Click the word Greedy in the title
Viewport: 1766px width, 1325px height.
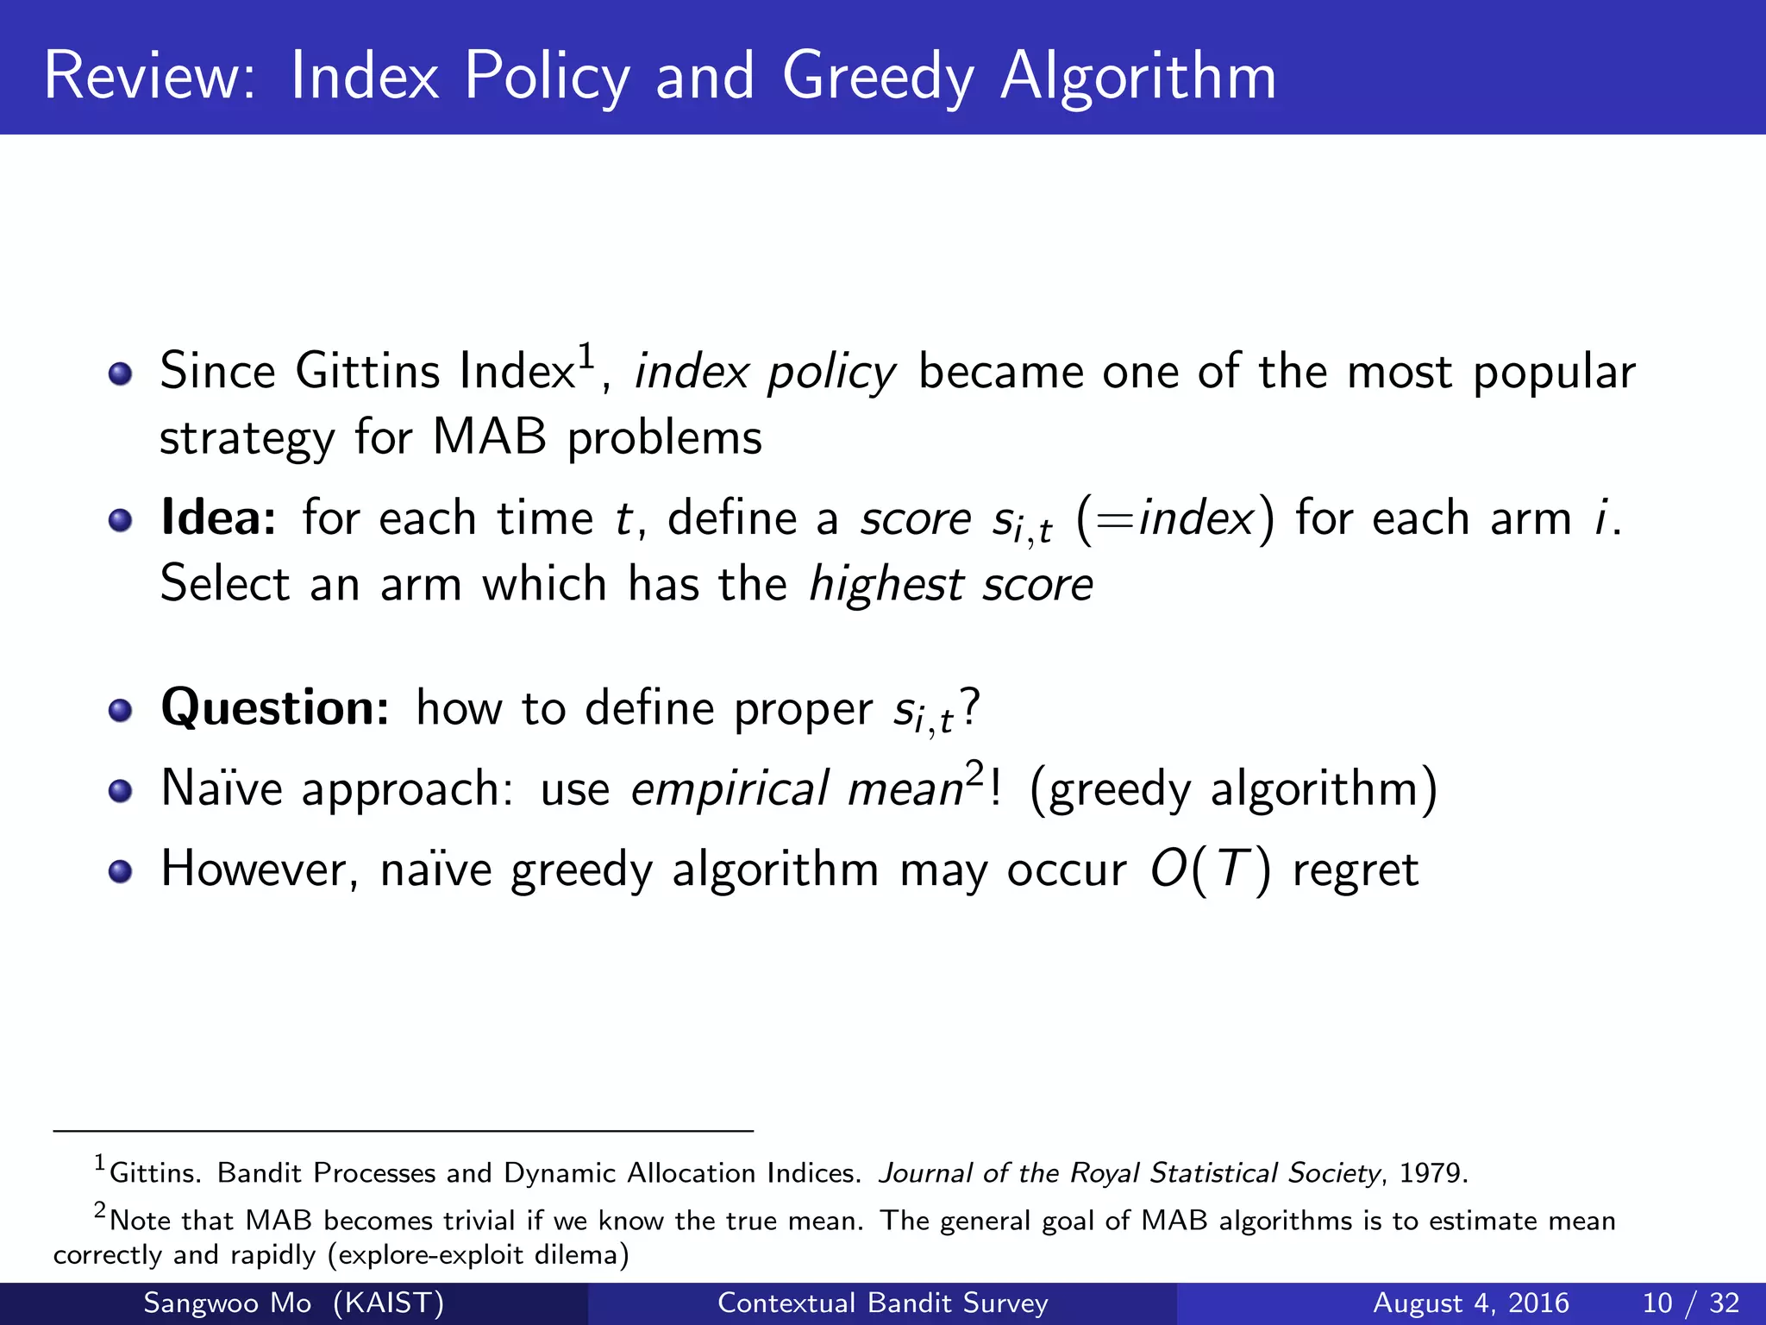click(878, 78)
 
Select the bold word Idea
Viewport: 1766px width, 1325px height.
click(218, 518)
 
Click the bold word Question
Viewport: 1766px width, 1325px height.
click(275, 709)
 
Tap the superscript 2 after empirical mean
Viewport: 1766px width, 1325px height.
click(974, 772)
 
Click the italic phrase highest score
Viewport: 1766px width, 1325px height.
click(951, 585)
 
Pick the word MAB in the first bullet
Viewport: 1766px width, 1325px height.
click(489, 437)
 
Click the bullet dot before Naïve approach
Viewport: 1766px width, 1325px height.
click(121, 791)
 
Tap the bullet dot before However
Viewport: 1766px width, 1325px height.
click(121, 871)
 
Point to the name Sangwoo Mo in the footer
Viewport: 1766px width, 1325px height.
click(227, 1303)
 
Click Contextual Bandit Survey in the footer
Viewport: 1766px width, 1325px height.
click(882, 1303)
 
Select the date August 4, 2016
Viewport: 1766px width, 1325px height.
click(1470, 1303)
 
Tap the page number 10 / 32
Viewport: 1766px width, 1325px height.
click(1690, 1303)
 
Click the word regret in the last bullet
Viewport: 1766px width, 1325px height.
click(1355, 870)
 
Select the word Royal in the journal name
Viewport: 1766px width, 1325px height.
click(1105, 1173)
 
